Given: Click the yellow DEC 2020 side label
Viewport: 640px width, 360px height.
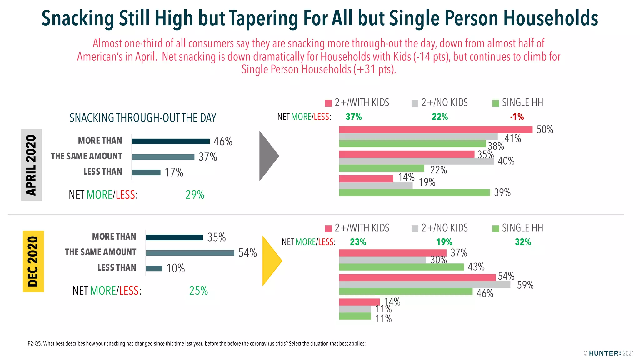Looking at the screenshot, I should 33,261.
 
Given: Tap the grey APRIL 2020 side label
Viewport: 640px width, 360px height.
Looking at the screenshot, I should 31,165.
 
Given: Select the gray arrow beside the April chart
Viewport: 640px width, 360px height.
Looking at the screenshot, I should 268,156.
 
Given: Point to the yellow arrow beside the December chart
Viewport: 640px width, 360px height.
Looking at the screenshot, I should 272,260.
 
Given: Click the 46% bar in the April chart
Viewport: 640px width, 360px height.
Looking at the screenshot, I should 171,142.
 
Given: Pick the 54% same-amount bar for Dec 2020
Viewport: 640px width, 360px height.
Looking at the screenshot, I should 190,253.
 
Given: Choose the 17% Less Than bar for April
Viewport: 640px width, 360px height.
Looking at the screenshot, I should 146,172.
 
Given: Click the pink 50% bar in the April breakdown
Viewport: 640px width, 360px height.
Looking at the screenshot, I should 436,129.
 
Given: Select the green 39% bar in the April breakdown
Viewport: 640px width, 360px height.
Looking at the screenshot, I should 414,193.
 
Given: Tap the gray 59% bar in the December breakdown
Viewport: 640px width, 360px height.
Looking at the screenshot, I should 424,285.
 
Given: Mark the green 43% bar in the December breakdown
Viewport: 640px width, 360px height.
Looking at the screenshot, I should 401,267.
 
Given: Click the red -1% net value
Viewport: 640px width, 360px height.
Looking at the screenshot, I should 517,117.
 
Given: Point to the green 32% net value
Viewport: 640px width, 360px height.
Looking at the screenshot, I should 523,242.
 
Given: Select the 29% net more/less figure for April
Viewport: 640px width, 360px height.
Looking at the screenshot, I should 195,195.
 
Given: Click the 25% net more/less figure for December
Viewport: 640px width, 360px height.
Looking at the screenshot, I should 198,291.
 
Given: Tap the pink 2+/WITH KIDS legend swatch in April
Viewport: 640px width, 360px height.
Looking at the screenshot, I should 328,103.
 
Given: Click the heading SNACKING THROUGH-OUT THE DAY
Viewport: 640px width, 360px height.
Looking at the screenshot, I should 143,118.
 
